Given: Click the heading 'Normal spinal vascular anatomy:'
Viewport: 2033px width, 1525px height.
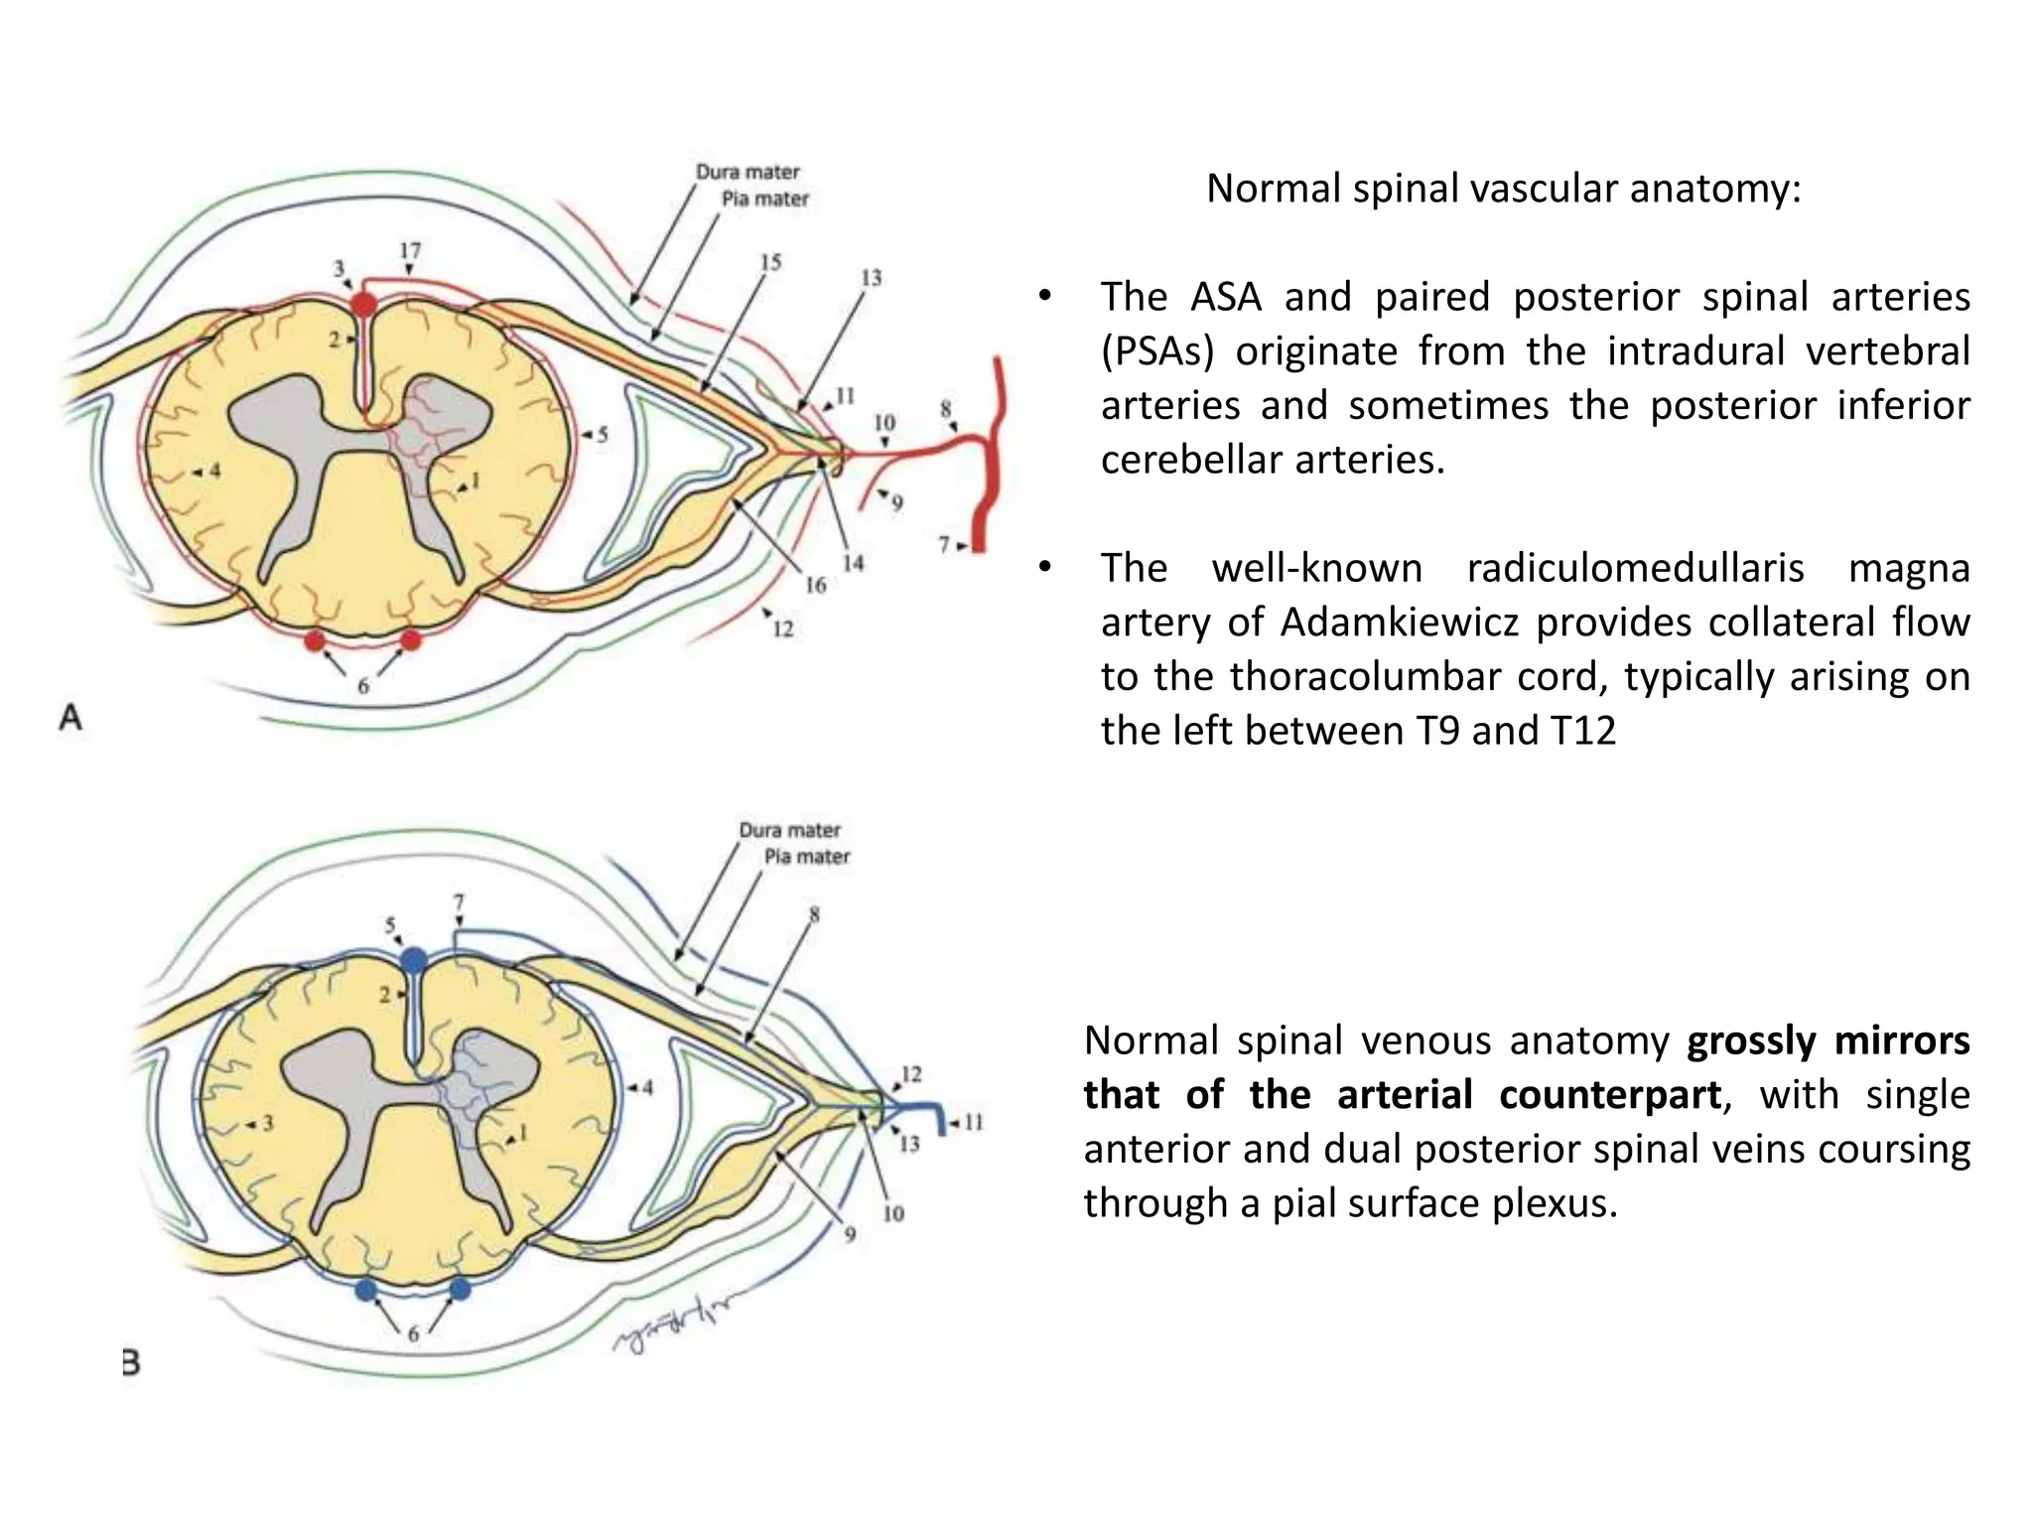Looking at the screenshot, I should click(x=1503, y=189).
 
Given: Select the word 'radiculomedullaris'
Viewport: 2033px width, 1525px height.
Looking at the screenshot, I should click(x=1635, y=569).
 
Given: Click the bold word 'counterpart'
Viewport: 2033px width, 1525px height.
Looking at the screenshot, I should click(x=1609, y=1095).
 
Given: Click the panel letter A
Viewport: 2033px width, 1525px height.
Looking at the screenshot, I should click(x=70, y=716).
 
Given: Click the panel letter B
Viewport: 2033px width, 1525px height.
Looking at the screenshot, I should click(x=130, y=1362).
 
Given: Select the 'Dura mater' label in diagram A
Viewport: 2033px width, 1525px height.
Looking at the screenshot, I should click(x=746, y=172).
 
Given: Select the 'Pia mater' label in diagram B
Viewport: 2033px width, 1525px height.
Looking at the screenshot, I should click(x=806, y=856).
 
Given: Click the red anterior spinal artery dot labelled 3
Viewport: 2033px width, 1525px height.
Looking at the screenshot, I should click(x=364, y=305).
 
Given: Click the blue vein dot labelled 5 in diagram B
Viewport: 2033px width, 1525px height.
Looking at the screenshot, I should click(x=414, y=961).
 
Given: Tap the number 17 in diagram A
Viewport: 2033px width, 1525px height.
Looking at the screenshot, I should click(x=410, y=250).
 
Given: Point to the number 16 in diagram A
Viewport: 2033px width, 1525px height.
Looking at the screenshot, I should click(x=815, y=585).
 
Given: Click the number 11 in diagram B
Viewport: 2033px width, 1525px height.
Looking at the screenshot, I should click(x=973, y=1123).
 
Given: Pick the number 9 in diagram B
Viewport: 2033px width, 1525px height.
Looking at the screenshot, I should click(x=850, y=1234).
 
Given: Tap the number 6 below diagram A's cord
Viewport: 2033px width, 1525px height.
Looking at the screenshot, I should click(x=363, y=685).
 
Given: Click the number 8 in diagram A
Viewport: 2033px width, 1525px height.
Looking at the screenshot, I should click(x=945, y=408).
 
